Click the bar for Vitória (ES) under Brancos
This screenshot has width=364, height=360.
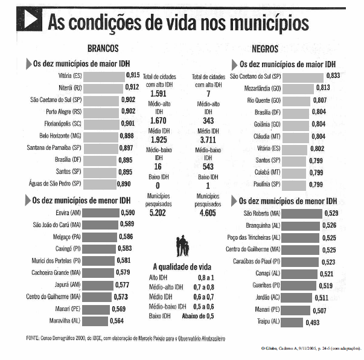pos(104,76)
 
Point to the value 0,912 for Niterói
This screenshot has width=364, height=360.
pos(132,88)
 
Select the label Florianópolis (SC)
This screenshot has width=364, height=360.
pos(59,124)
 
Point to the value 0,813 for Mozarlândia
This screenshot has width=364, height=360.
pos(323,88)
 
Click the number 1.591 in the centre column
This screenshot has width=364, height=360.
pos(159,94)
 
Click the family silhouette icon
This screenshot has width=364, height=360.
pos(184,247)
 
